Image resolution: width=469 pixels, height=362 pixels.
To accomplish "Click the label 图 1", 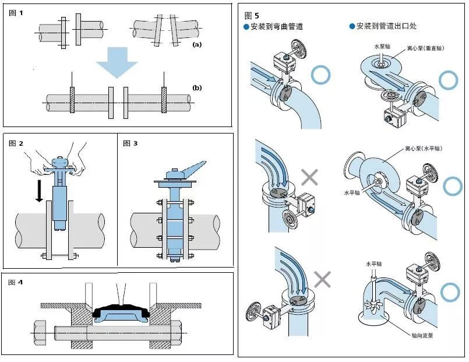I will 17,12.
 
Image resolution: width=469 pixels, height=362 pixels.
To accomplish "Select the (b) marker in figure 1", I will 197,88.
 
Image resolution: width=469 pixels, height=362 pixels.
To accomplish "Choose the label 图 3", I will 131,143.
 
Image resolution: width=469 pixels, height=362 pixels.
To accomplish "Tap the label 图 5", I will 252,15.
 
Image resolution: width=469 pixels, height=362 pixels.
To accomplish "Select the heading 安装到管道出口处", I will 384,26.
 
